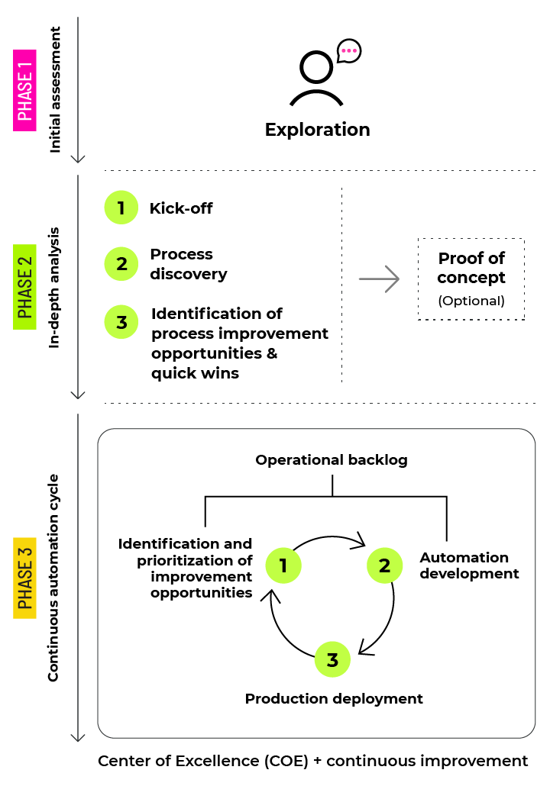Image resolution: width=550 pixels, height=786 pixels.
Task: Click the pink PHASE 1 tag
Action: click(x=25, y=91)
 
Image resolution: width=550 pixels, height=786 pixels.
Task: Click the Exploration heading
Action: click(x=317, y=130)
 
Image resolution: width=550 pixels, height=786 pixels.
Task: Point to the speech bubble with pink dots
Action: click(x=348, y=51)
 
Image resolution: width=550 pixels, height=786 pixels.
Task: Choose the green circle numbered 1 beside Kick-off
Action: click(x=121, y=208)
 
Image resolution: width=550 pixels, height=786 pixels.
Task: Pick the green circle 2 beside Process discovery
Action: click(x=121, y=264)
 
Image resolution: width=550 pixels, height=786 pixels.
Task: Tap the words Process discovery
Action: click(x=188, y=264)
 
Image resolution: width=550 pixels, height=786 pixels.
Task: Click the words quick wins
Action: click(x=195, y=373)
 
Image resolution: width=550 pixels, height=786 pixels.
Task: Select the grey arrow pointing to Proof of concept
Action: click(x=379, y=279)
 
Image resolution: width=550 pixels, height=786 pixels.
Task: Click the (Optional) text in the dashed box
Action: click(x=471, y=301)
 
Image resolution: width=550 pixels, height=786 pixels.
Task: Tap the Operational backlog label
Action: click(x=331, y=460)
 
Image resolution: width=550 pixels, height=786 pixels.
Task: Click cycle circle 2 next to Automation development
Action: click(x=384, y=565)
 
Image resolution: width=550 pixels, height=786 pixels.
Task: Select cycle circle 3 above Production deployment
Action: click(x=332, y=660)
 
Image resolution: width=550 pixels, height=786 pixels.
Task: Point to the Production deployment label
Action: click(x=334, y=698)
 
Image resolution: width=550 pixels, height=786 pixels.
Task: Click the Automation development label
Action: click(x=469, y=565)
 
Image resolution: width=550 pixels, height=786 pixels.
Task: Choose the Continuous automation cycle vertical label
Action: click(x=53, y=578)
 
